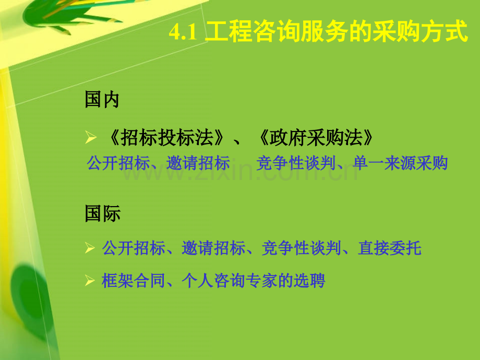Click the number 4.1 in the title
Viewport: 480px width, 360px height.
[x=182, y=33]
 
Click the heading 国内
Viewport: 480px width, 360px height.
[x=102, y=100]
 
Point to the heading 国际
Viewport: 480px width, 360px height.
[x=102, y=214]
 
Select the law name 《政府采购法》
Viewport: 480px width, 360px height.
[x=316, y=138]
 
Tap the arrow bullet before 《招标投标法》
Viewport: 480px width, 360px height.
[x=90, y=138]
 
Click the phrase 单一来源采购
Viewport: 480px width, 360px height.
[x=401, y=163]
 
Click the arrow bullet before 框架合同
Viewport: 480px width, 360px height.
[x=90, y=281]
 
